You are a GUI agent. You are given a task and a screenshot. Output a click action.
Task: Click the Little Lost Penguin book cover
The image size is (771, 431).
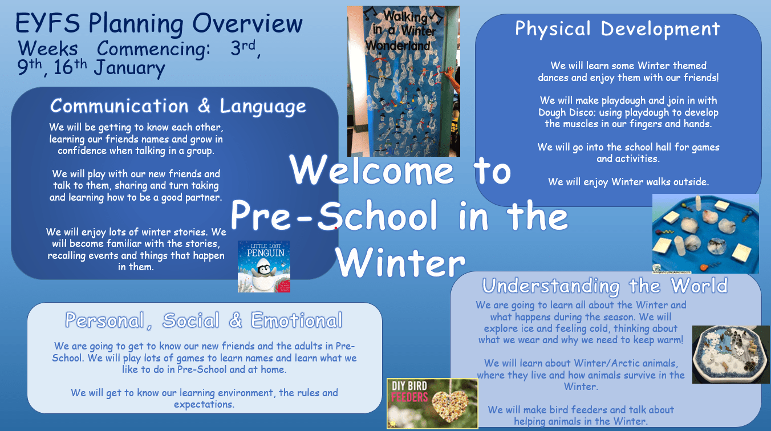coord(264,267)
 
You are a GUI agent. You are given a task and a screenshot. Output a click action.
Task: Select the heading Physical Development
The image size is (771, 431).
coord(618,29)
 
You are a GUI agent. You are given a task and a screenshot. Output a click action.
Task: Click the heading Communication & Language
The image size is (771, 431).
coord(178,106)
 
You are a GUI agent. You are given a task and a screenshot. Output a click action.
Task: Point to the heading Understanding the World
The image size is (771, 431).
coord(605,286)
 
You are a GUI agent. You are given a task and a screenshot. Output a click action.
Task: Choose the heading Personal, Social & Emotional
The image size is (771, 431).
coord(204,320)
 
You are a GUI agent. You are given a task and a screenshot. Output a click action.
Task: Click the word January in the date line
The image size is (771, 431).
coord(129,68)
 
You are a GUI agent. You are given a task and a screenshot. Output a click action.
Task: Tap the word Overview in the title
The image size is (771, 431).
coord(247,23)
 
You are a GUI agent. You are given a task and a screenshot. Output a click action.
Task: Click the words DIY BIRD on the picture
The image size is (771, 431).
coord(409,387)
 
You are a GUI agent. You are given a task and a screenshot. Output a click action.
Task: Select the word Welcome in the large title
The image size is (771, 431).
coord(371,170)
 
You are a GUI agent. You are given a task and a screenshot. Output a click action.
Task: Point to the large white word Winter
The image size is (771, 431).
coord(400,262)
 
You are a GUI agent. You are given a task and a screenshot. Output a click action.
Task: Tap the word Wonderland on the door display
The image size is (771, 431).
coord(398,46)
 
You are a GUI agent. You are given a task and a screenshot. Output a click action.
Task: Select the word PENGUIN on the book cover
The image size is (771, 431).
coord(266,253)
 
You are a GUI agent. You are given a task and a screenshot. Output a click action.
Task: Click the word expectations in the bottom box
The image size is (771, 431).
coord(204,405)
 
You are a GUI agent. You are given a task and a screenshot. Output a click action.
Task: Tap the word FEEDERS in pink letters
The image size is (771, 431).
coord(409,397)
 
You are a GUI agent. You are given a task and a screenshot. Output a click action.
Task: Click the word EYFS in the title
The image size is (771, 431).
coord(47,23)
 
